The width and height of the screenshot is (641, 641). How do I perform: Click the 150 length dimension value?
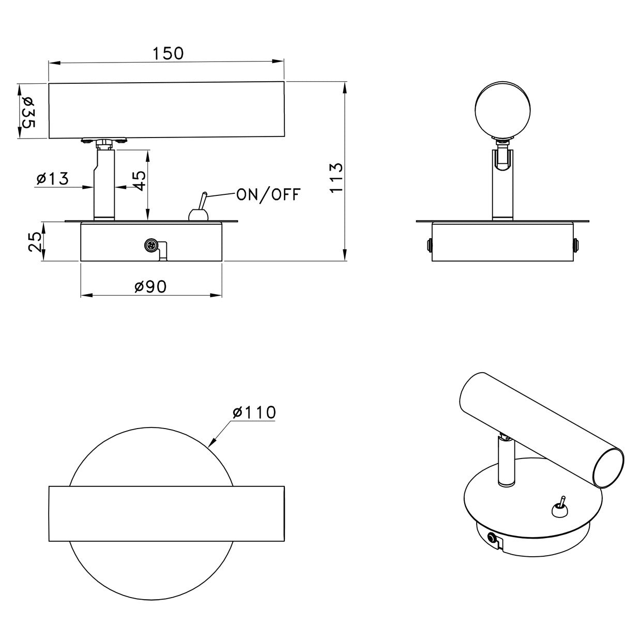168,53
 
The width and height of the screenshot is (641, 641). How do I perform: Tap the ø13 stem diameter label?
53,179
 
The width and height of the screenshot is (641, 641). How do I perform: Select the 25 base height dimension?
34,241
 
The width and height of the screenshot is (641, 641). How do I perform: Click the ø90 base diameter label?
150,287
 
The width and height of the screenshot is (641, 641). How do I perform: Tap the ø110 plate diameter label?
254,413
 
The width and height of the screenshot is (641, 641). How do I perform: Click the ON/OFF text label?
268,194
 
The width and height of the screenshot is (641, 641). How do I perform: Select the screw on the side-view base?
151,245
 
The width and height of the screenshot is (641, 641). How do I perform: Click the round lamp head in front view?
502,110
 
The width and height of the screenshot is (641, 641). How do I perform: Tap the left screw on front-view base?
429,245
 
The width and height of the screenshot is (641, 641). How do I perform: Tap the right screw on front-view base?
576,245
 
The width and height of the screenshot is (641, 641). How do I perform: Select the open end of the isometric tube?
609,468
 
